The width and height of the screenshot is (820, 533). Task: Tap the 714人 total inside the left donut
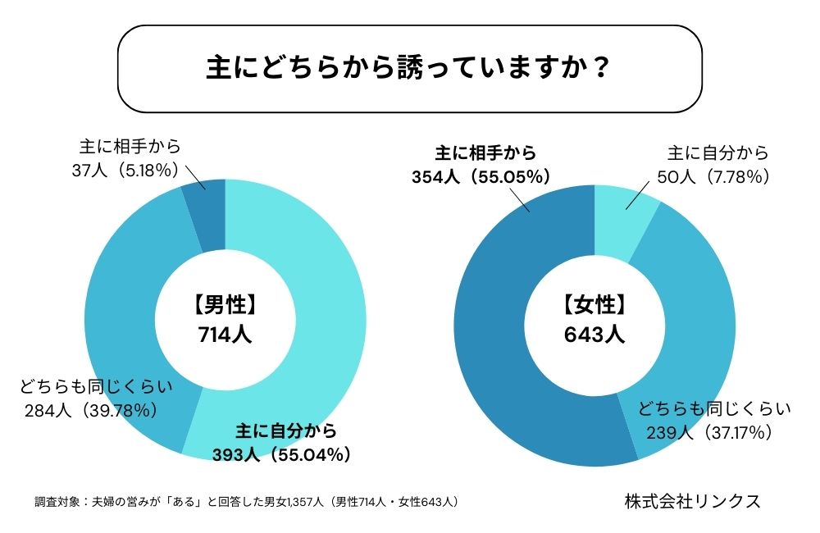[x=225, y=335]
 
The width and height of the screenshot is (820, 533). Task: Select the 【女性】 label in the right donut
[x=594, y=305]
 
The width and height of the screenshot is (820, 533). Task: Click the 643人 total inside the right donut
[x=594, y=335]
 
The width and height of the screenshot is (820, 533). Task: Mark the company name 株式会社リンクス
[x=691, y=500]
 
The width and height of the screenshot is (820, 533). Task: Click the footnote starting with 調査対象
[x=246, y=501]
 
